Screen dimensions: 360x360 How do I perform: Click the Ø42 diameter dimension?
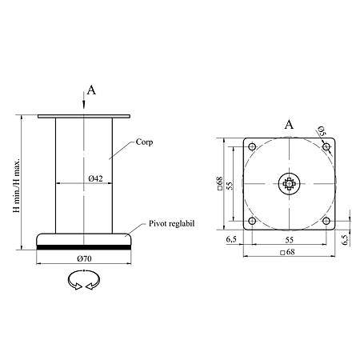click(x=95, y=178)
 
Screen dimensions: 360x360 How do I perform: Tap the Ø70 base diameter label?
click(x=84, y=258)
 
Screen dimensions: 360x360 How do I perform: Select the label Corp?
click(x=144, y=142)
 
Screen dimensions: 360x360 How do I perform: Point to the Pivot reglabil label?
click(x=171, y=223)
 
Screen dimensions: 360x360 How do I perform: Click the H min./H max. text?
click(x=17, y=186)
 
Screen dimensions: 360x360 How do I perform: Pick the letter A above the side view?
click(x=91, y=90)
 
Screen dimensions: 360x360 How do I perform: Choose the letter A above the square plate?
click(x=289, y=125)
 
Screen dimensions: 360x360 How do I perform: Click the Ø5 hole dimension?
click(x=322, y=131)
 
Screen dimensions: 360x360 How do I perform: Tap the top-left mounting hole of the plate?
click(x=252, y=146)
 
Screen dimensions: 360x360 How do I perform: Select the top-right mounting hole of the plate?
click(x=326, y=146)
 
